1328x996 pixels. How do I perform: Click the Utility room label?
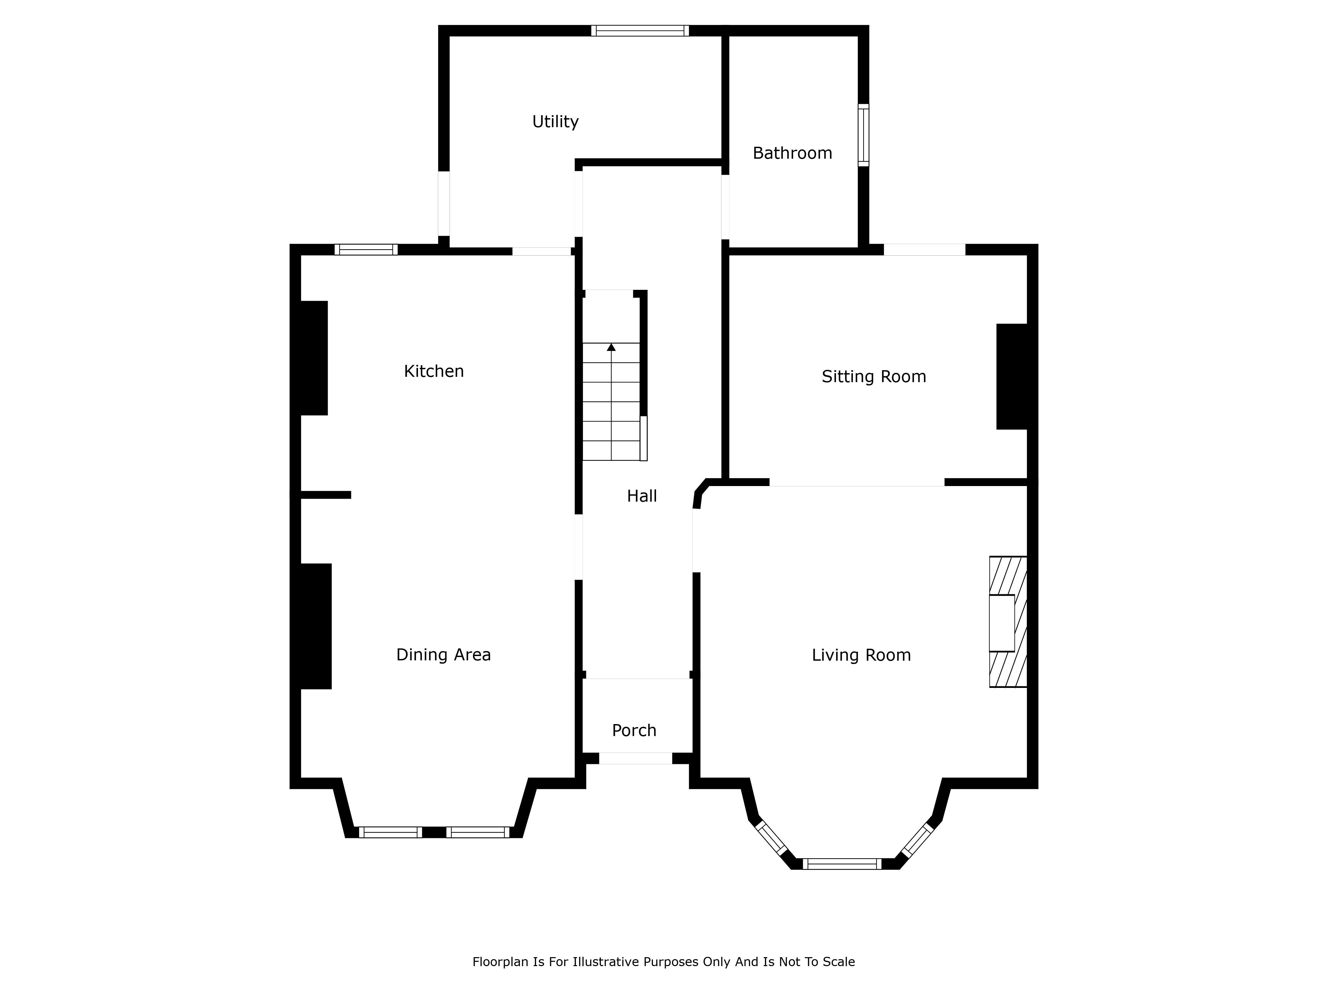pyautogui.click(x=555, y=122)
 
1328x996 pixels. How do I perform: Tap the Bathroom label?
pyautogui.click(x=792, y=153)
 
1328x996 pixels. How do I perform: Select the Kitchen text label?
pyautogui.click(x=434, y=371)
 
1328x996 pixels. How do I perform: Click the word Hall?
pyautogui.click(x=642, y=496)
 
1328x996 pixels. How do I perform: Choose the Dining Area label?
pyautogui.click(x=444, y=654)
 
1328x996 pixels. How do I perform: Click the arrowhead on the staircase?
pyautogui.click(x=611, y=347)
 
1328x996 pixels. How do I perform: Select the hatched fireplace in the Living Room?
pyautogui.click(x=1008, y=622)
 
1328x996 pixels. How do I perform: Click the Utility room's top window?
pyautogui.click(x=640, y=31)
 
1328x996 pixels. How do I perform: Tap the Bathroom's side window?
pyautogui.click(x=863, y=135)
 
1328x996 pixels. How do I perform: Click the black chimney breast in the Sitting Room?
pyautogui.click(x=1012, y=376)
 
